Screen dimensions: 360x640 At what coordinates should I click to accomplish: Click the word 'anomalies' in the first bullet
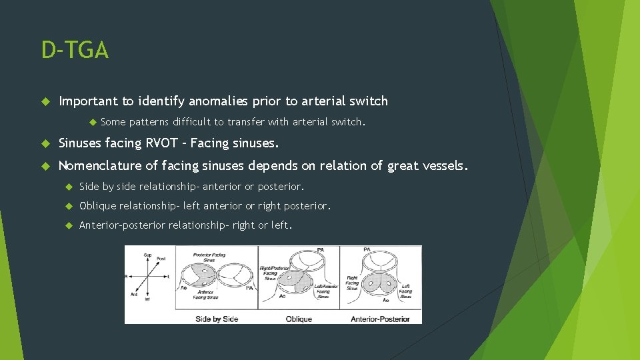click(221, 101)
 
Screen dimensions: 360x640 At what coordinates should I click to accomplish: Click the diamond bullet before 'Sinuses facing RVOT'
click(45, 143)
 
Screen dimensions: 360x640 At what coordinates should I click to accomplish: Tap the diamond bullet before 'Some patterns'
click(93, 122)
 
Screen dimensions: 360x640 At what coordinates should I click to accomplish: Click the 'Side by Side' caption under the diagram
click(217, 319)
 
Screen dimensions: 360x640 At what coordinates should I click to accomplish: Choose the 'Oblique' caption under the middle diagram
click(299, 319)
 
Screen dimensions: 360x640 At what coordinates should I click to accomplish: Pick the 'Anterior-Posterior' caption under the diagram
click(380, 319)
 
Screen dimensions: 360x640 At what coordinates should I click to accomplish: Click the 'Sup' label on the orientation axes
click(147, 255)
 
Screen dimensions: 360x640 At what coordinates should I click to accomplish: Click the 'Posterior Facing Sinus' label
click(210, 257)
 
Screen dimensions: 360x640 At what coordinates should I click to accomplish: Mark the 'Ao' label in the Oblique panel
click(283, 295)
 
